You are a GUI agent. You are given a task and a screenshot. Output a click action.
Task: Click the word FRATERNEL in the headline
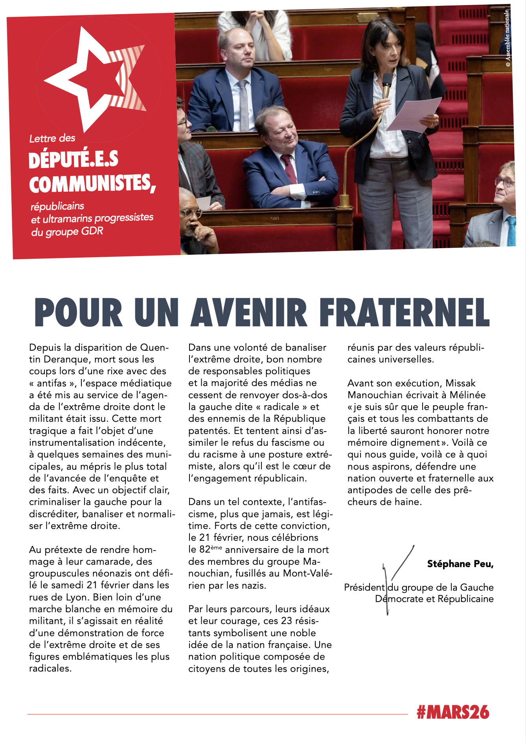click(x=404, y=313)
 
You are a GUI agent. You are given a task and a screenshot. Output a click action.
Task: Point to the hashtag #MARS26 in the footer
click(x=453, y=712)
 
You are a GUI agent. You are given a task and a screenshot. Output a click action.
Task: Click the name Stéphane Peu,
click(x=460, y=564)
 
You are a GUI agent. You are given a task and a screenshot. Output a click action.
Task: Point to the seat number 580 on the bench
click(x=275, y=218)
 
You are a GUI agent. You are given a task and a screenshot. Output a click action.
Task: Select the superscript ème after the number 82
click(x=216, y=547)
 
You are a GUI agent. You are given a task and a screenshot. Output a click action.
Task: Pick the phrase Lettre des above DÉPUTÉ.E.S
click(x=52, y=138)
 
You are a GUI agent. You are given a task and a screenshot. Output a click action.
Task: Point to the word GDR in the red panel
click(x=92, y=231)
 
